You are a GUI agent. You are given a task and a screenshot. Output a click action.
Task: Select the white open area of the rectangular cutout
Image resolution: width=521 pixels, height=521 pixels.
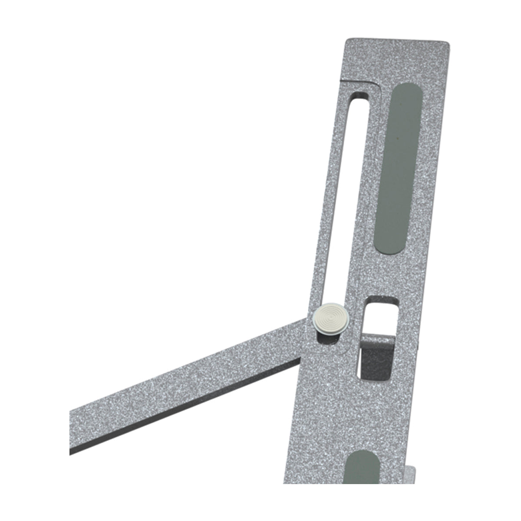pyautogui.click(x=380, y=317)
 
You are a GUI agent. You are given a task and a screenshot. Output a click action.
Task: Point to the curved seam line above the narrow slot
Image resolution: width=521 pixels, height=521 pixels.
pyautogui.click(x=373, y=82)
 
